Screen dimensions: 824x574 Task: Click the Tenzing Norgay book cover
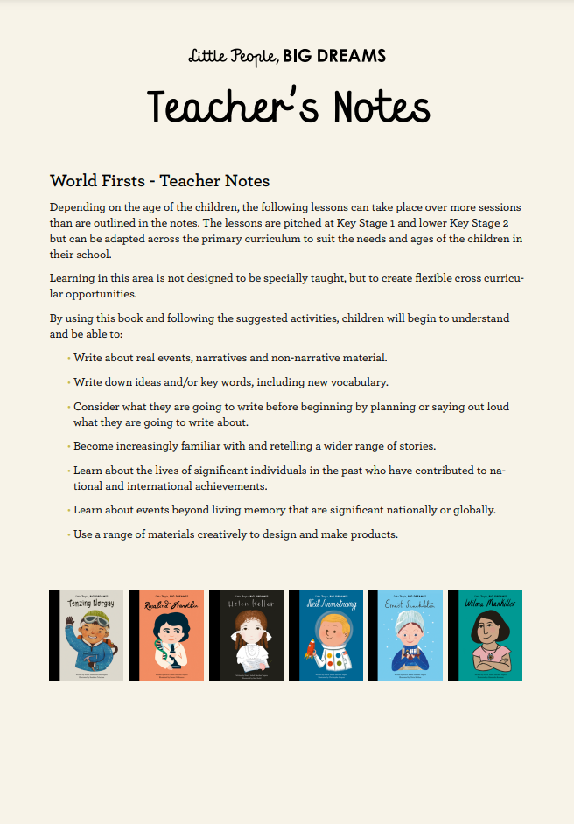tap(87, 636)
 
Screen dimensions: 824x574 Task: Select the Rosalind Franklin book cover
tap(166, 636)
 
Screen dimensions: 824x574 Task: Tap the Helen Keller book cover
tap(246, 636)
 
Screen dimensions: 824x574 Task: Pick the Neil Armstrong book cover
tap(325, 636)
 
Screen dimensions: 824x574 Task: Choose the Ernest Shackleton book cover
tap(405, 636)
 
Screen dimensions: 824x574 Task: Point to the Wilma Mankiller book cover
tap(485, 636)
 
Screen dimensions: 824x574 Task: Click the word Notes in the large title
tap(382, 107)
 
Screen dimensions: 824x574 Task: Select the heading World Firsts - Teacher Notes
tap(160, 181)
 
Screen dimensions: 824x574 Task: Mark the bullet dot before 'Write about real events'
tap(68, 358)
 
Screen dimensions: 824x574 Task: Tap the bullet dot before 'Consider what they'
tap(68, 407)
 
